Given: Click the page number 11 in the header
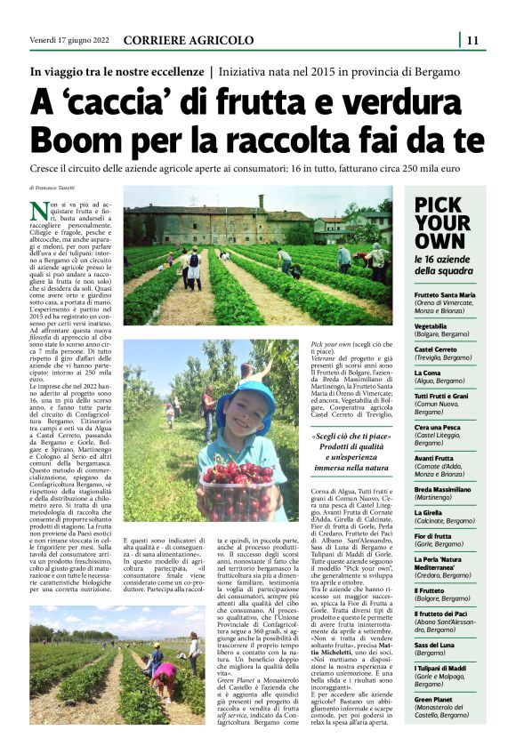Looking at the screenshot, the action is coord(472,39).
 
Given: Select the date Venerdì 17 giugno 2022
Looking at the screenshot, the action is coord(68,40).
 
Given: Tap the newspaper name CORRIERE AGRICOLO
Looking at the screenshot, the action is coord(188,40).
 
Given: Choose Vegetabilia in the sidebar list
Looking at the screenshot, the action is coord(431,326).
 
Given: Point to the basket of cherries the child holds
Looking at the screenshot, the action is coord(233,485).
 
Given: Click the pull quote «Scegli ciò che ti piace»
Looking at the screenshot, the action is coord(351,437).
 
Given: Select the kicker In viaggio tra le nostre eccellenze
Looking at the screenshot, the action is coord(117,70).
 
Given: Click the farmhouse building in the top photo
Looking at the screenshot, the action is coord(214,222).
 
